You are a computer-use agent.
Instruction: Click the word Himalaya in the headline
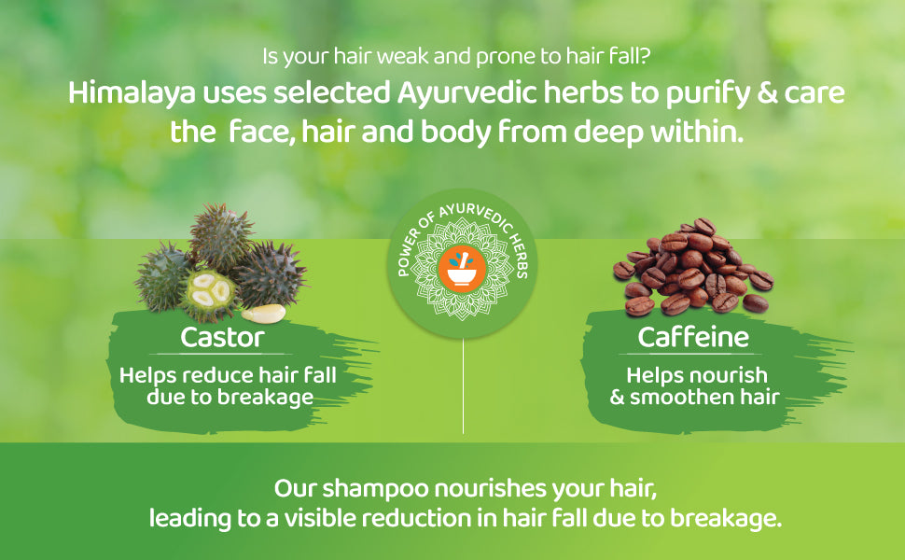coord(132,93)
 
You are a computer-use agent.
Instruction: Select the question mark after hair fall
coord(646,57)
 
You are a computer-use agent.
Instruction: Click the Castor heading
coord(223,337)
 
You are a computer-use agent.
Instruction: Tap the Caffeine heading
coord(693,337)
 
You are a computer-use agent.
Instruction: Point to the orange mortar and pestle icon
coord(463,269)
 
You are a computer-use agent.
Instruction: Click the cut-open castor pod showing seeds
coord(208,294)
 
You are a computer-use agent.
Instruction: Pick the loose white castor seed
coord(264,314)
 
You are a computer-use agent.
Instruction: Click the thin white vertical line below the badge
coord(463,385)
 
